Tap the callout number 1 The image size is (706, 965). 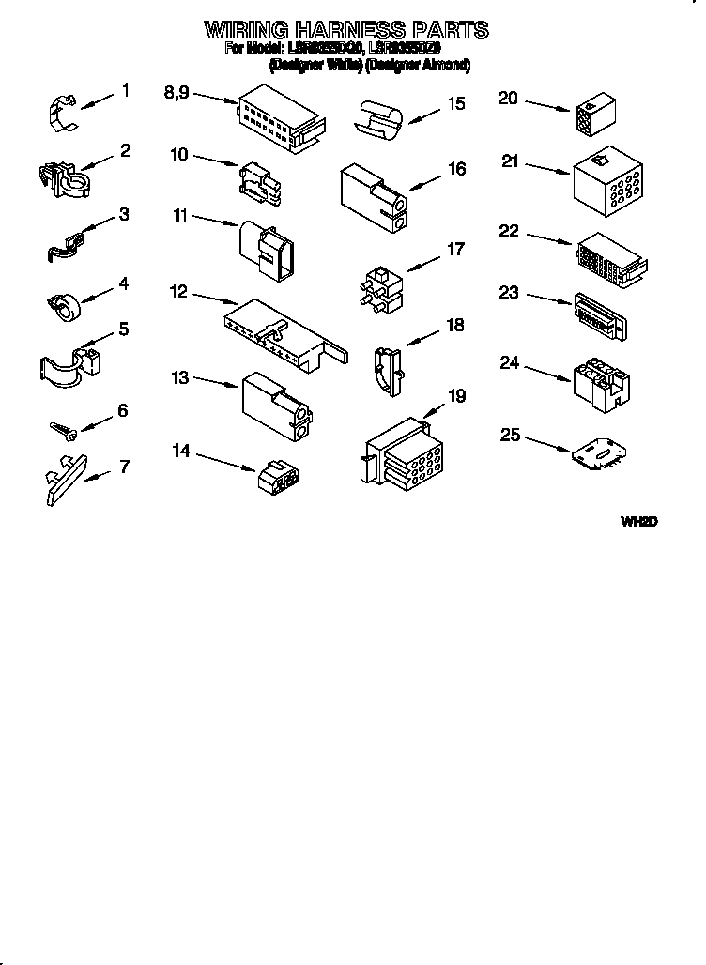click(x=125, y=92)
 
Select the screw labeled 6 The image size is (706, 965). click(x=63, y=429)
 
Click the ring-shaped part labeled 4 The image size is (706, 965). click(x=65, y=303)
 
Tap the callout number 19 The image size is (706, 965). click(x=456, y=396)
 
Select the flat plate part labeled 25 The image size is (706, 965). click(x=597, y=451)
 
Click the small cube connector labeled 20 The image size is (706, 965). click(x=588, y=115)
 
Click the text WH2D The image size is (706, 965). click(x=637, y=521)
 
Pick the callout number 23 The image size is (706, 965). click(x=509, y=293)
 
